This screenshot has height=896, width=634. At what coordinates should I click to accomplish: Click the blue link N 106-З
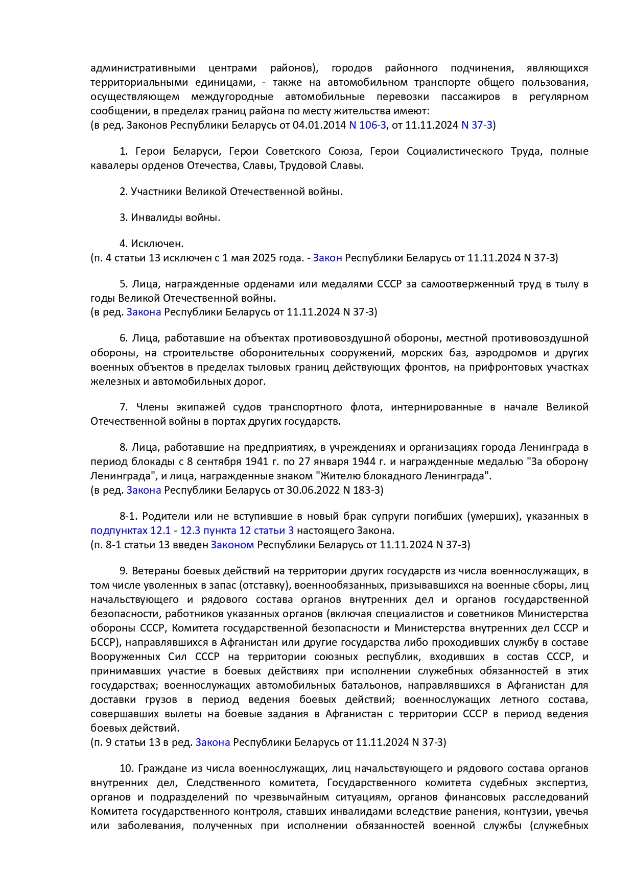[x=367, y=125]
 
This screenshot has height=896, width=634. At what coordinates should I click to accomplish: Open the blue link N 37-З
[x=477, y=125]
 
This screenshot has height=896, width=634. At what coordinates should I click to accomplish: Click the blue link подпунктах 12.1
[x=130, y=530]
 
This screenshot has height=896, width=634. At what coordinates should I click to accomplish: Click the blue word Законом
[x=232, y=545]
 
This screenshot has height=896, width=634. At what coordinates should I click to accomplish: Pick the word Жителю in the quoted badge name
[x=339, y=476]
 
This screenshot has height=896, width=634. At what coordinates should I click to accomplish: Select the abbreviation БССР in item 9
[x=103, y=642]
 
